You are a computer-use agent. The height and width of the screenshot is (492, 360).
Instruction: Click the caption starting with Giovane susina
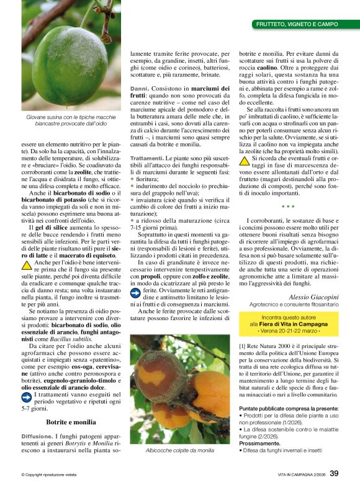coord(68,121)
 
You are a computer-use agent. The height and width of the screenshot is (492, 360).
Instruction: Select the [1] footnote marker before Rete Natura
coord(243,345)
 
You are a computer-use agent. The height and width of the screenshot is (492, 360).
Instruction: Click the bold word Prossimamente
coord(260,444)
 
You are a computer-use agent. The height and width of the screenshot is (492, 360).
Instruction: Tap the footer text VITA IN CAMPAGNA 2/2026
coord(302,475)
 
